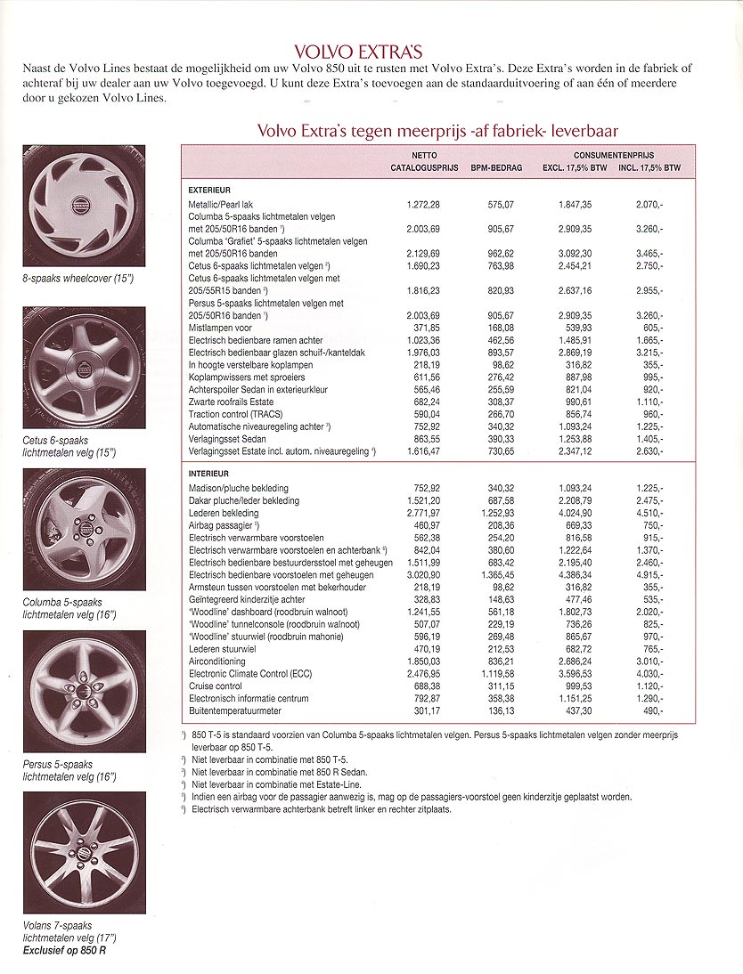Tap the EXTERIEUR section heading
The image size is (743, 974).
tap(209, 190)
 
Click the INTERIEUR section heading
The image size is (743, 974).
tap(209, 474)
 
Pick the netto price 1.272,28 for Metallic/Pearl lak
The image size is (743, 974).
tap(423, 205)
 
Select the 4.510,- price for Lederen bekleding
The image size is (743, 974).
tap(649, 513)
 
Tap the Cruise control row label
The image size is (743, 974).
tap(216, 686)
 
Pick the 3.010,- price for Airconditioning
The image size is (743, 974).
tap(649, 662)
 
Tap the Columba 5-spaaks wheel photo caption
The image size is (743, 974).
tap(69, 608)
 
